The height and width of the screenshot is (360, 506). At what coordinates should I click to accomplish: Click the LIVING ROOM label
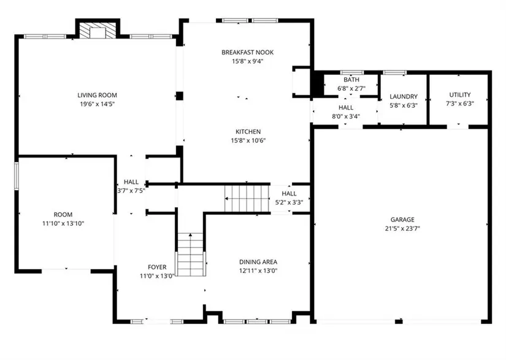[x=97, y=95]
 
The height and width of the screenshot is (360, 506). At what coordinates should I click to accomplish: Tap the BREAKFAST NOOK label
[x=248, y=52]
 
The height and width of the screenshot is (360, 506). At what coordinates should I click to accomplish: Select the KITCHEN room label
[x=248, y=132]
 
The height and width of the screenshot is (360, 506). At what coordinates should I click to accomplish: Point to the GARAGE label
[x=402, y=220]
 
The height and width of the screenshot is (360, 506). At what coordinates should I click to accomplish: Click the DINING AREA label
[x=258, y=262]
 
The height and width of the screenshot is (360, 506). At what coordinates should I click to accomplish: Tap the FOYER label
[x=157, y=267]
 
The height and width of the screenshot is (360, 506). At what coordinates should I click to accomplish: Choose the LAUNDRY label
[x=404, y=96]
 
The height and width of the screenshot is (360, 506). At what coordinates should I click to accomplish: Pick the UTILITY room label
[x=460, y=95]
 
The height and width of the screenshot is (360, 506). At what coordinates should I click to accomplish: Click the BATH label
[x=351, y=80]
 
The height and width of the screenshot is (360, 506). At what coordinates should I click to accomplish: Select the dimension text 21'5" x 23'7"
[x=402, y=229]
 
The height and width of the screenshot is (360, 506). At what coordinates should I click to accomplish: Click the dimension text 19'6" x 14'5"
[x=97, y=104]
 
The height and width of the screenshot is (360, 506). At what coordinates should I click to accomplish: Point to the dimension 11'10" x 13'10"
[x=63, y=224]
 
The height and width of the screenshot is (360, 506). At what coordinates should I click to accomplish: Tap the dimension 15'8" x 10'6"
[x=248, y=140]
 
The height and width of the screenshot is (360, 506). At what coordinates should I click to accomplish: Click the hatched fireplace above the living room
[x=98, y=31]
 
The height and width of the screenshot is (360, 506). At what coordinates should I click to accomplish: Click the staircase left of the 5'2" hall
[x=247, y=198]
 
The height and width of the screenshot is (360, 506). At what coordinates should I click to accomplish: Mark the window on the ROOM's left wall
[x=17, y=176]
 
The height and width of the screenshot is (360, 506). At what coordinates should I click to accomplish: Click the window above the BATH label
[x=352, y=72]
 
